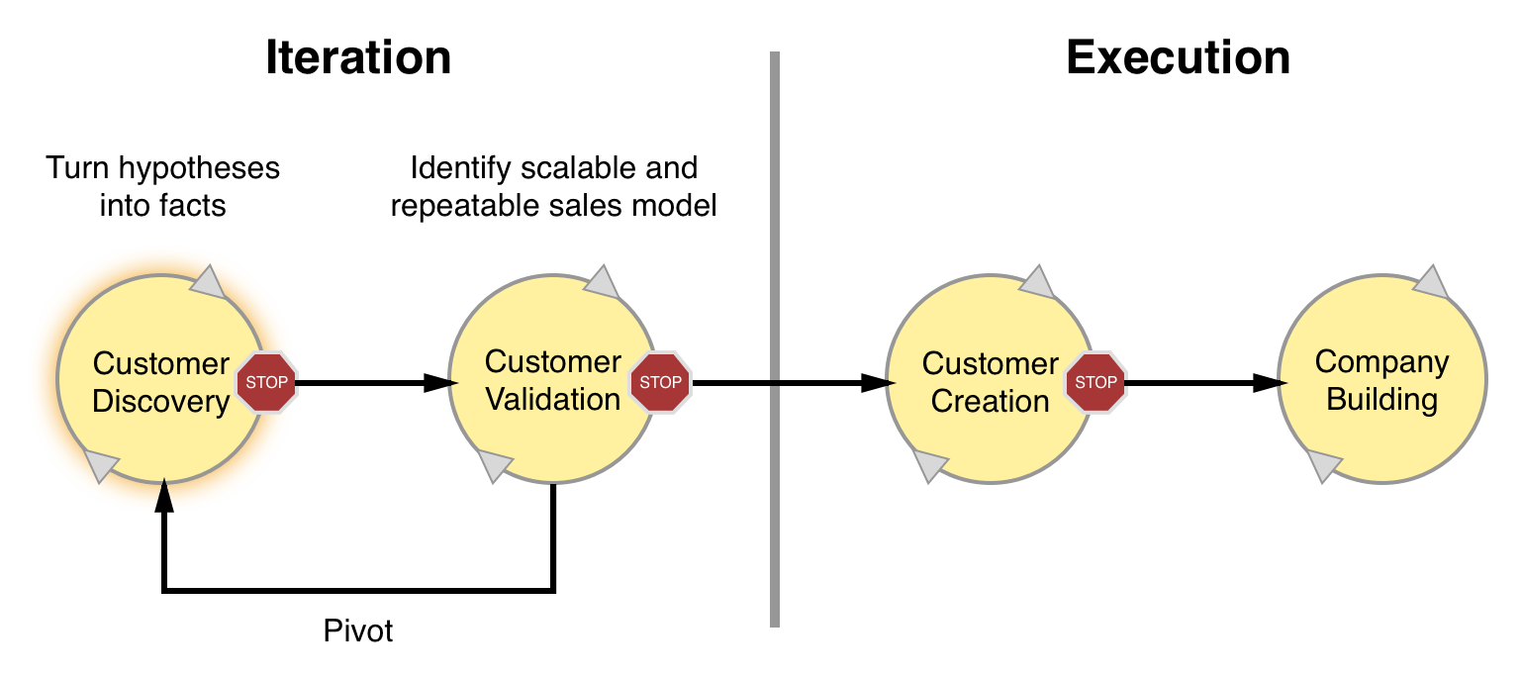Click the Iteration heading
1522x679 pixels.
(358, 57)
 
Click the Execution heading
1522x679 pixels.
(1178, 57)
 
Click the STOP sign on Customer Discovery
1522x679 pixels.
(266, 382)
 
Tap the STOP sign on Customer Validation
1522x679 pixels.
(660, 382)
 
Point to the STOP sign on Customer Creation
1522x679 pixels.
(1095, 382)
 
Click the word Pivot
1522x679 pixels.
(358, 630)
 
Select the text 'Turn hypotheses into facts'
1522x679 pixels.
(162, 186)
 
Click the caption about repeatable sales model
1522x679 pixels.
(554, 186)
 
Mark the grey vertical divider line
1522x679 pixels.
(775, 339)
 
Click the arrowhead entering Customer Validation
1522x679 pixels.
(440, 383)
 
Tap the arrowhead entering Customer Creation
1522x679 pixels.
(878, 383)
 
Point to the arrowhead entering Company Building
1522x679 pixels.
(1270, 383)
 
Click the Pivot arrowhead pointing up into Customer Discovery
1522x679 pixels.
(163, 496)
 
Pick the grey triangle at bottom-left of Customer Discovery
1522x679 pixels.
(100, 465)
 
